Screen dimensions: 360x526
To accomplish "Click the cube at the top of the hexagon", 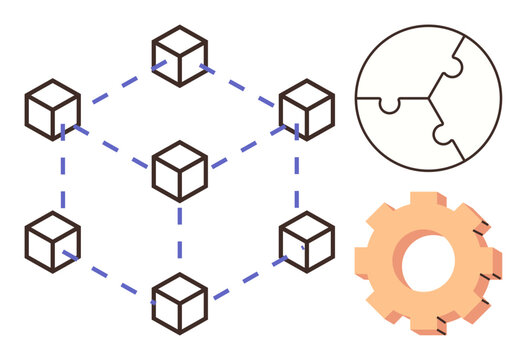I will (x=180, y=56).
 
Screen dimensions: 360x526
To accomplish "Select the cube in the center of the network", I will (x=180, y=171).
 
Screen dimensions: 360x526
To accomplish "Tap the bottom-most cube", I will (x=180, y=303).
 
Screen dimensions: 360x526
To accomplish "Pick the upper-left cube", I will (x=53, y=110).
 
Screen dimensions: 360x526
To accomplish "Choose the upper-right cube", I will (x=306, y=110).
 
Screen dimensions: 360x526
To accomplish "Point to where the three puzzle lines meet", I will (x=432, y=99).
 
